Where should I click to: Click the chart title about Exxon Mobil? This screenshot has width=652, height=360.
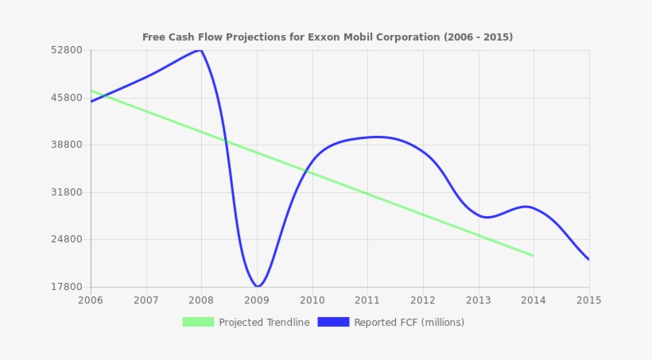coord(328,37)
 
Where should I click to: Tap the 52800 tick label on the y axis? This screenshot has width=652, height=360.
coord(67,50)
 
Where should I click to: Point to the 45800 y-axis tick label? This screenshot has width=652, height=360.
coord(67,98)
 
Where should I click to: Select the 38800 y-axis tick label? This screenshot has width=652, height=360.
coord(67,145)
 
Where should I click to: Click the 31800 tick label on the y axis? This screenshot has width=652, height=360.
coord(67,192)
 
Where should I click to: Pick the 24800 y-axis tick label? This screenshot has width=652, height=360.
coord(67,239)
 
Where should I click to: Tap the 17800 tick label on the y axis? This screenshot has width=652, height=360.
coord(67,287)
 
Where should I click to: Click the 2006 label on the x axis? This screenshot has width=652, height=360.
coord(91,300)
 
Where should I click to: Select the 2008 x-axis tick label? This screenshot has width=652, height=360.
coord(201,300)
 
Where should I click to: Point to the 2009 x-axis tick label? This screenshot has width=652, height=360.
coord(257,300)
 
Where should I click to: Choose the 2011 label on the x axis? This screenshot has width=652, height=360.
coord(367,300)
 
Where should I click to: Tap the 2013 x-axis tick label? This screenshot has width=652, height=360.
coord(478,300)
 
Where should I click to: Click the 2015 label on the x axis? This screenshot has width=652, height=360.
coord(588,300)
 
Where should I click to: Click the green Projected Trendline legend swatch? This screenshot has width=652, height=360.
coord(198,322)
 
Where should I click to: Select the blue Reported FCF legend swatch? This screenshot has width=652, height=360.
coord(333,322)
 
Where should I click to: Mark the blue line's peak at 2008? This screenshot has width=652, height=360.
coord(200,50)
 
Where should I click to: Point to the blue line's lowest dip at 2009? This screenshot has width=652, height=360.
coord(257,286)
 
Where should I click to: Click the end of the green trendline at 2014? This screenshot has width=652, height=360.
coord(533,256)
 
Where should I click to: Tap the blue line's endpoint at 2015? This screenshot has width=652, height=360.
coord(588,259)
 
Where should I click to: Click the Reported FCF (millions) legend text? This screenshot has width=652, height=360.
coord(409,323)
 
